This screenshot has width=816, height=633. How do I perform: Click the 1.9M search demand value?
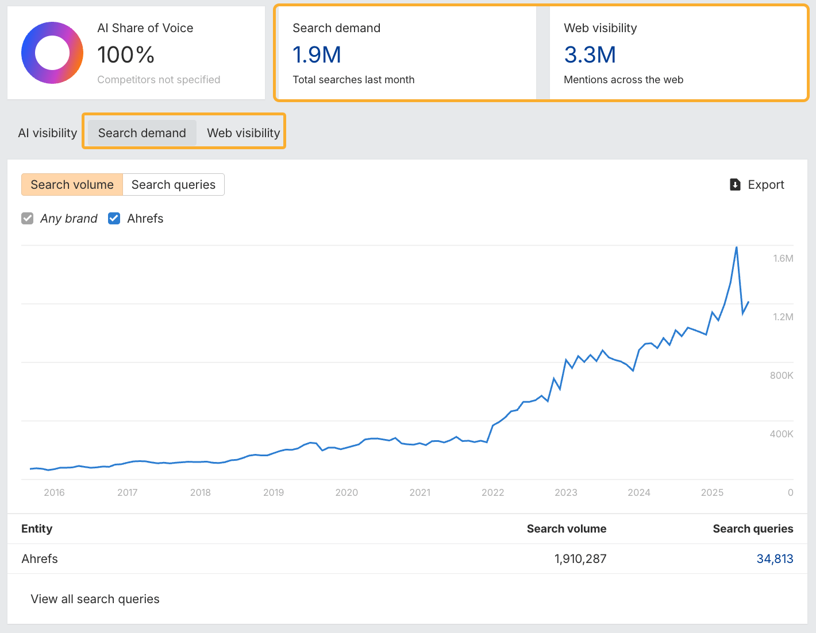click(x=317, y=55)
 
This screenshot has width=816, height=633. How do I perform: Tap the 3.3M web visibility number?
click(x=590, y=55)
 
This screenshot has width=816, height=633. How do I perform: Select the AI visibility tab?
click(x=48, y=133)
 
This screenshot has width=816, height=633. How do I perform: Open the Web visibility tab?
click(x=243, y=133)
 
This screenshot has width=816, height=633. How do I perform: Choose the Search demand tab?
click(x=142, y=133)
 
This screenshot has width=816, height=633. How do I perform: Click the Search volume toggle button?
click(x=72, y=185)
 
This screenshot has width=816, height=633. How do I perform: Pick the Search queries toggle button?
click(x=174, y=185)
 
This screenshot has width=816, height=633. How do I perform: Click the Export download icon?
click(x=735, y=185)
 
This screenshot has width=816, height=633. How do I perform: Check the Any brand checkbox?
click(x=28, y=219)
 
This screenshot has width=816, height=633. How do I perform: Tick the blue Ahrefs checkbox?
click(x=114, y=219)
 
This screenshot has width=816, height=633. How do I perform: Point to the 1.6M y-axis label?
click(x=783, y=258)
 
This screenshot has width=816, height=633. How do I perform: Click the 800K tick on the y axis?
click(x=782, y=375)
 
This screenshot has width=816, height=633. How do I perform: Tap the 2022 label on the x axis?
click(x=492, y=492)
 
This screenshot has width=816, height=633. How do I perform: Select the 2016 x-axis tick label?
click(x=54, y=492)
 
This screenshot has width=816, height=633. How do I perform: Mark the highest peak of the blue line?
click(x=737, y=247)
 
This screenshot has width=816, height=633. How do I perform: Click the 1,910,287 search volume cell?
click(x=580, y=559)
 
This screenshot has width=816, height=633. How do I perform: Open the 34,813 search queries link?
click(x=775, y=559)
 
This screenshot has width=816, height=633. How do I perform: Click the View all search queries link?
click(x=95, y=599)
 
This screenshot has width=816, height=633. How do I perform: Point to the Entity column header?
click(x=37, y=529)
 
